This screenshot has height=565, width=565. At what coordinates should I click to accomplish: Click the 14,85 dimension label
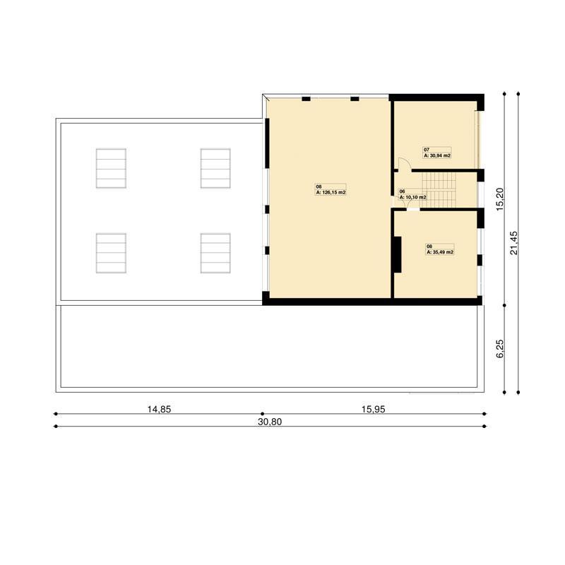pyautogui.click(x=159, y=409)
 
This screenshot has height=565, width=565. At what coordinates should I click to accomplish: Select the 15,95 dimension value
pyautogui.click(x=374, y=409)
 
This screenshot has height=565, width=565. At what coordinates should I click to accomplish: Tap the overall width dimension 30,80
pyautogui.click(x=270, y=422)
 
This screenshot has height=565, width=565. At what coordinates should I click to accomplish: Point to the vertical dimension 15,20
pyautogui.click(x=500, y=199)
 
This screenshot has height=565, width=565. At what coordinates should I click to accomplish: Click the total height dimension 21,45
pyautogui.click(x=514, y=243)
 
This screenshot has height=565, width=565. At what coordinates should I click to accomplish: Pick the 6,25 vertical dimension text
pyautogui.click(x=500, y=348)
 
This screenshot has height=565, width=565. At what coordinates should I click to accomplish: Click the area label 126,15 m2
pyautogui.click(x=331, y=192)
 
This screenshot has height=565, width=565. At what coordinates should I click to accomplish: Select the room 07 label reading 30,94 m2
pyautogui.click(x=436, y=155)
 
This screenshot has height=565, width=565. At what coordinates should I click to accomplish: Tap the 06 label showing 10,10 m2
pyautogui.click(x=412, y=198)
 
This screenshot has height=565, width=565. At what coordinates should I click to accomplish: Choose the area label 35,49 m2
pyautogui.click(x=440, y=252)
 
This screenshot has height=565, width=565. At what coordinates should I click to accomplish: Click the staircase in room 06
pyautogui.click(x=439, y=190)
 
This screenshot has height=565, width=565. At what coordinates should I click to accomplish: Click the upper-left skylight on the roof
pyautogui.click(x=111, y=168)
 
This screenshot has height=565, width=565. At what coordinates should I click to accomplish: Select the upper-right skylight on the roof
pyautogui.click(x=215, y=168)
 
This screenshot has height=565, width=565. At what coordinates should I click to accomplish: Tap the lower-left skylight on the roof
pyautogui.click(x=111, y=253)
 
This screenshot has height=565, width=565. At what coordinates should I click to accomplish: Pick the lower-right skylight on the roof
pyautogui.click(x=215, y=253)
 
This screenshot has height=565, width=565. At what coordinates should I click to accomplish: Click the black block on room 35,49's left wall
pyautogui.click(x=397, y=254)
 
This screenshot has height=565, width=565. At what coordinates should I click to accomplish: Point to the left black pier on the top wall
pyautogui.click(x=306, y=99)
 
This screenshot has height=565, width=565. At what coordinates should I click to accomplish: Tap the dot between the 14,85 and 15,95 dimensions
pyautogui.click(x=262, y=414)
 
